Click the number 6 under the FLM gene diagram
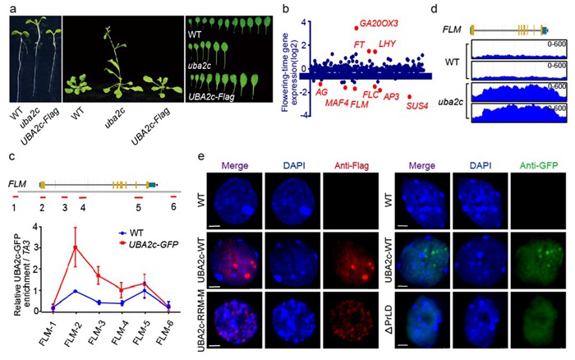[173, 205]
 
